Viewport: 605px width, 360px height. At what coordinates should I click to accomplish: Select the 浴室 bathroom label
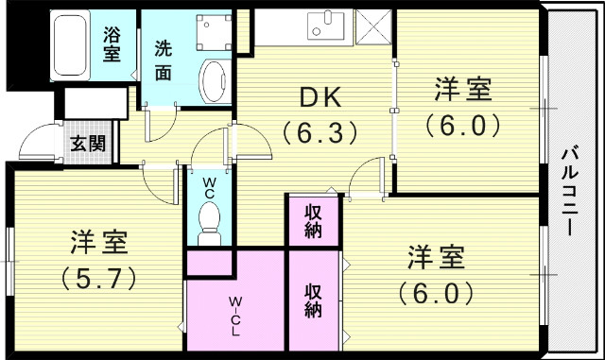point(112,45)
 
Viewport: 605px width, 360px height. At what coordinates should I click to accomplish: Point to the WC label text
point(208,184)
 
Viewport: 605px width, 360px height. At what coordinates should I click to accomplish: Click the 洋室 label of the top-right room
point(462,91)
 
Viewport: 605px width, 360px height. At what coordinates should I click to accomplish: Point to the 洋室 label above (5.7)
point(98,243)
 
